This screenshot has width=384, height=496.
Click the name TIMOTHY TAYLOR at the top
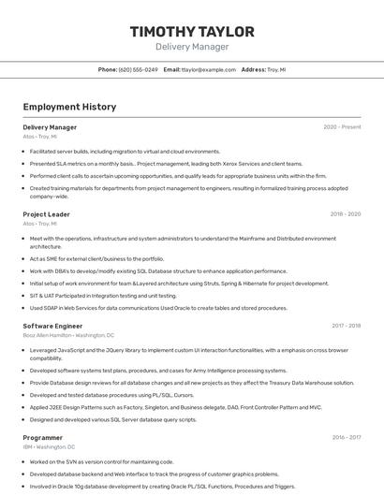192,32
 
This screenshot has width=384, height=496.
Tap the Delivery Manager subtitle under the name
192,46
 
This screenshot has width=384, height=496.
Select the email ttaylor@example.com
209,69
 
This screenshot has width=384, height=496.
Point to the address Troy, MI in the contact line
276,69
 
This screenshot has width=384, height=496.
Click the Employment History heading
69,107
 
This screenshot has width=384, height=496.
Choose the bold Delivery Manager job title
50,127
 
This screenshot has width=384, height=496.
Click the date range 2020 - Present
342,127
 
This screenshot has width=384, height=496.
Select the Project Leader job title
46,214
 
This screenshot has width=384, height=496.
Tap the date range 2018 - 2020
346,214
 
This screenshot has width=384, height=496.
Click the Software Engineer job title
52,326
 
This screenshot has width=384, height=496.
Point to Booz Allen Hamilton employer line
68,335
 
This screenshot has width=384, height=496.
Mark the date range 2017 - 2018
346,326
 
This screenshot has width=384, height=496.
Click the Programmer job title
43,437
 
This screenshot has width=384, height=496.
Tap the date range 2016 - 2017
346,437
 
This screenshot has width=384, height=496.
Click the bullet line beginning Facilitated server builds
125,151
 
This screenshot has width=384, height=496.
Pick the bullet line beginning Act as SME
96,258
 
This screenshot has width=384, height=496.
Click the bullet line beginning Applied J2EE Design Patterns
175,407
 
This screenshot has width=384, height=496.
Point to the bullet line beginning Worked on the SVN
101,461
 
